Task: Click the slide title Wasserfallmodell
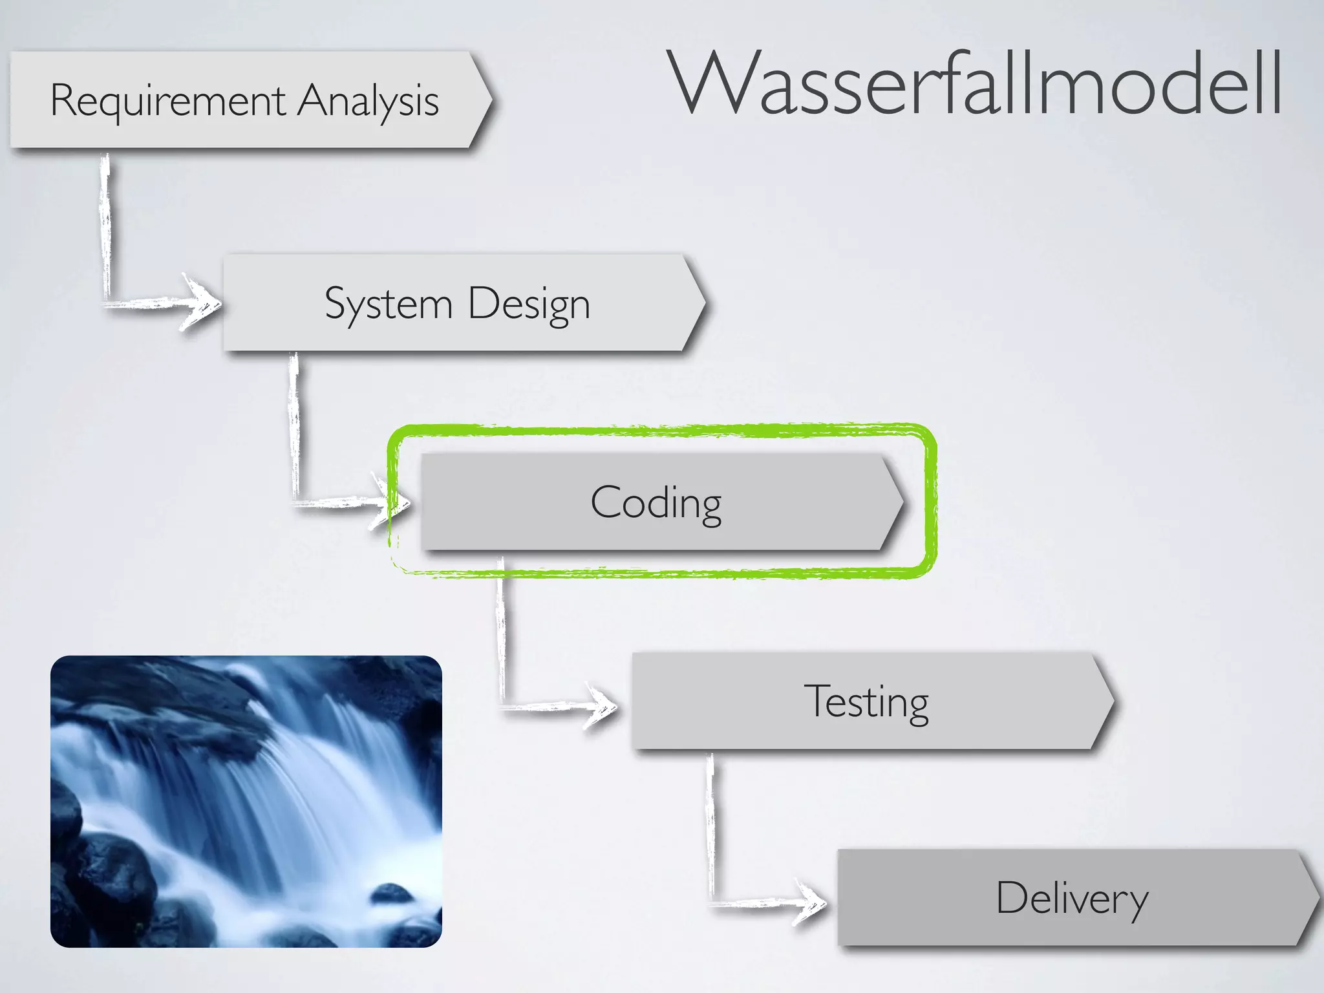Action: coord(976,84)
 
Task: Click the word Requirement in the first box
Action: coord(167,101)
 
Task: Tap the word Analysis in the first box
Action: coord(368,102)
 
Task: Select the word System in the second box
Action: coord(389,304)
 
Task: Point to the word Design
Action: coord(528,304)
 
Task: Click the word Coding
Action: coord(656,503)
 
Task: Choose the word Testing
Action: coord(866,702)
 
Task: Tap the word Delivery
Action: coord(1072,899)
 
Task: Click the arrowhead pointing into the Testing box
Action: coord(601,706)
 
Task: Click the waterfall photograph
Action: coord(246,802)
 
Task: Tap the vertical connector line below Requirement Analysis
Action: coord(105,226)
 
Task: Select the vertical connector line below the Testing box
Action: coord(710,827)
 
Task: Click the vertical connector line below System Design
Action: coord(294,427)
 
